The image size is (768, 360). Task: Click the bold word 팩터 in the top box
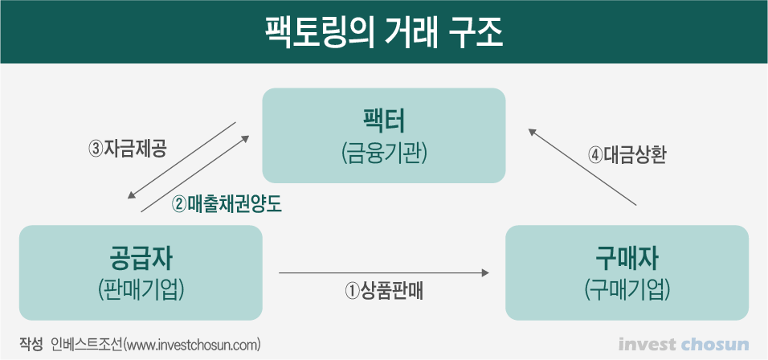click(383, 122)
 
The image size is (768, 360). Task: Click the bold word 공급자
click(141, 259)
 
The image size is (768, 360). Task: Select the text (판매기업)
click(141, 288)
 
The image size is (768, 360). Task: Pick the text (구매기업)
click(627, 288)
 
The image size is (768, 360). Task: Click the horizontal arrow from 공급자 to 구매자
click(384, 274)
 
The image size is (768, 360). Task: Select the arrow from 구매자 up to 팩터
click(582, 165)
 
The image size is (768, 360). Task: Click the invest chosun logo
click(684, 345)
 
